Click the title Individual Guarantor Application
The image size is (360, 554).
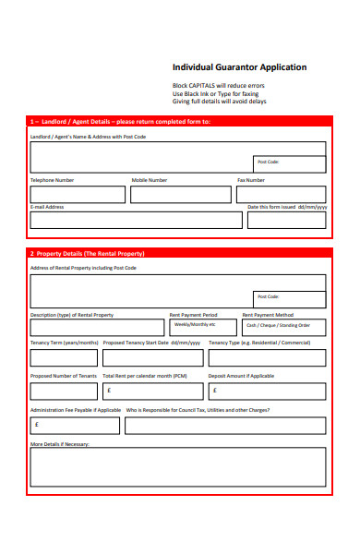point(239,67)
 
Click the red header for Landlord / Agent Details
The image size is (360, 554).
point(177,121)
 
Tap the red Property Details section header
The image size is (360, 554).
point(177,253)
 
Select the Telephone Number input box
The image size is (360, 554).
point(78,195)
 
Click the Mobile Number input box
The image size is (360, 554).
point(181,195)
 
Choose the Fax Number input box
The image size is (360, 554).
point(282,195)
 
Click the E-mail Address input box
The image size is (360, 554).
point(137,220)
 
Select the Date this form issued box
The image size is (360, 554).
point(286,220)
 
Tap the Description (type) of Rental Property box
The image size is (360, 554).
point(97,327)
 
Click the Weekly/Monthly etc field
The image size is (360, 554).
point(203,327)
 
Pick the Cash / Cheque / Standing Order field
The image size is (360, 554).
point(284,327)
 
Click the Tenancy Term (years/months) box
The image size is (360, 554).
point(64,357)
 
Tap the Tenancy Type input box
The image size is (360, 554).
point(267,357)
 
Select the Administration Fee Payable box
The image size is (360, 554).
point(75,425)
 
